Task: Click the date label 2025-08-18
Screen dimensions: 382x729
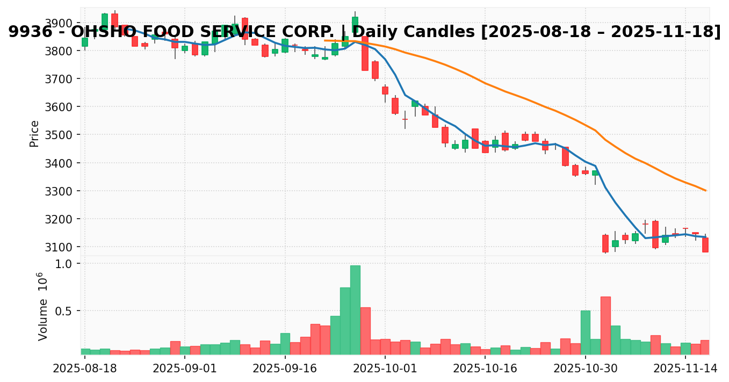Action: [84, 369]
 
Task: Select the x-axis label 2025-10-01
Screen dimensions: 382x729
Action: [385, 369]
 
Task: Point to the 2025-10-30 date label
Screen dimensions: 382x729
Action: [586, 369]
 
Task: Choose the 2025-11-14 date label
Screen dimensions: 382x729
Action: [685, 369]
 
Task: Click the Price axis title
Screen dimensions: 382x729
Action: [34, 133]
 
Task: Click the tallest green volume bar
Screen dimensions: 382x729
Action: [355, 309]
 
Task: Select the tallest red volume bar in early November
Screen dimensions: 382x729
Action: [605, 325]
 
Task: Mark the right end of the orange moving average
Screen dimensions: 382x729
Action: [705, 190]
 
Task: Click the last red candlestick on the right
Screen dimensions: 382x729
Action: [705, 244]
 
